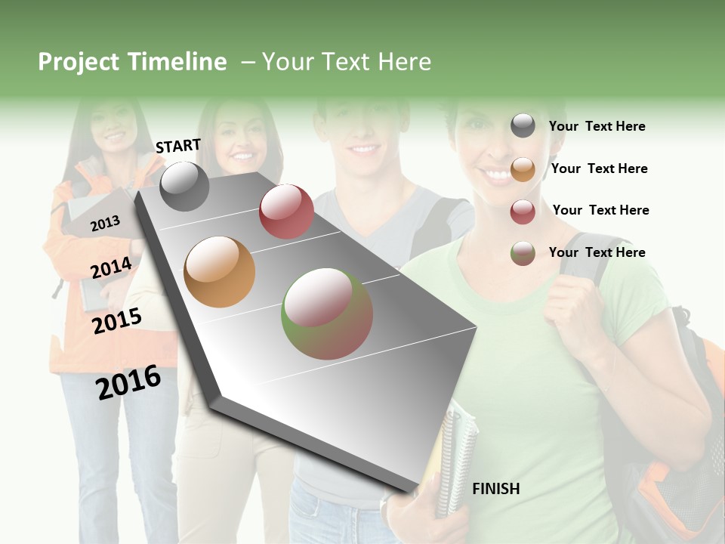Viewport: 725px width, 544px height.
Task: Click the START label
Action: pos(178,146)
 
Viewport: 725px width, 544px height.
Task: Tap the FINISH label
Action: pos(496,489)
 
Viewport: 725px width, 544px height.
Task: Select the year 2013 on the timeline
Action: pos(105,223)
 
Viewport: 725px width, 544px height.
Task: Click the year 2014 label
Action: pos(111,268)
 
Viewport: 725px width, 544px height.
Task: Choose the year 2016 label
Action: pos(128,382)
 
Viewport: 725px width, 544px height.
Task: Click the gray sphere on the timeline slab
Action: pos(185,186)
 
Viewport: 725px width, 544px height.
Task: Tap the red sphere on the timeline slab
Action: pos(286,212)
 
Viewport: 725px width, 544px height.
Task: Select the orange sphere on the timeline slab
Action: pos(220,272)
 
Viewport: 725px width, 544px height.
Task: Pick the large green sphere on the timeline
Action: pos(327,314)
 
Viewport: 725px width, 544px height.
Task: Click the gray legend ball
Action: pos(523,126)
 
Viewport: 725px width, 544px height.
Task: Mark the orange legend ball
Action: pos(523,169)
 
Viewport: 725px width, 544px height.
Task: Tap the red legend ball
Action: pos(523,212)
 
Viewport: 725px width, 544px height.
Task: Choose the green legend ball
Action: pos(523,253)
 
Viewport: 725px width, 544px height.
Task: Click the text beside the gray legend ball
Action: pos(597,126)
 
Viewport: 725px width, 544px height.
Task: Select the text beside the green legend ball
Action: pos(597,252)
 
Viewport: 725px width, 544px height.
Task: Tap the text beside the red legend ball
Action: pos(600,210)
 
